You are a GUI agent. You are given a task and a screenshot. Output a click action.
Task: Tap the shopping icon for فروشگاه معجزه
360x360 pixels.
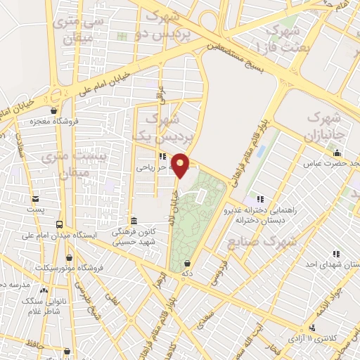tap(54, 110)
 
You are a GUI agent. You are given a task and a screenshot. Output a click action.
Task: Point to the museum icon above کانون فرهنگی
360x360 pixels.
tap(134, 220)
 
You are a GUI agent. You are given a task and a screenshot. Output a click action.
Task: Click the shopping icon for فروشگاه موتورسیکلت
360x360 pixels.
tap(69, 257)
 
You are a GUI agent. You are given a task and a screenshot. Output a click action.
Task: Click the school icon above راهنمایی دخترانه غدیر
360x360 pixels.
tap(262, 198)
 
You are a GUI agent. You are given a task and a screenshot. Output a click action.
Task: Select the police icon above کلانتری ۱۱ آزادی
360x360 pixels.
tap(311, 328)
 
